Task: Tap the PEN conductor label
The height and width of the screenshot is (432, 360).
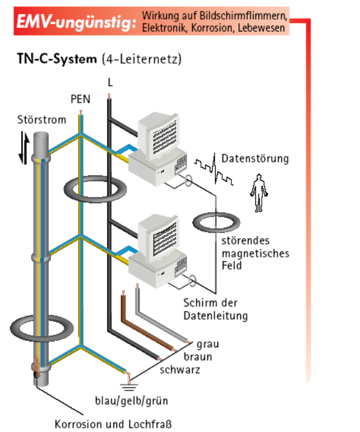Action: coord(81,99)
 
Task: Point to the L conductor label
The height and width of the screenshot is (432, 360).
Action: coord(110,82)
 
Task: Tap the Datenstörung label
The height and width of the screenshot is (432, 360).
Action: coord(255,158)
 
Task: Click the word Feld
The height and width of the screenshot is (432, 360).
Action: coord(231,265)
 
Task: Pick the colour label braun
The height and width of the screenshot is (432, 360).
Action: coord(198,357)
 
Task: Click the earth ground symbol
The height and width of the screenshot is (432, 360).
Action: coord(128,384)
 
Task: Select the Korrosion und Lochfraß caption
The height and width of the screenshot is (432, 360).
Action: coord(113,424)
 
